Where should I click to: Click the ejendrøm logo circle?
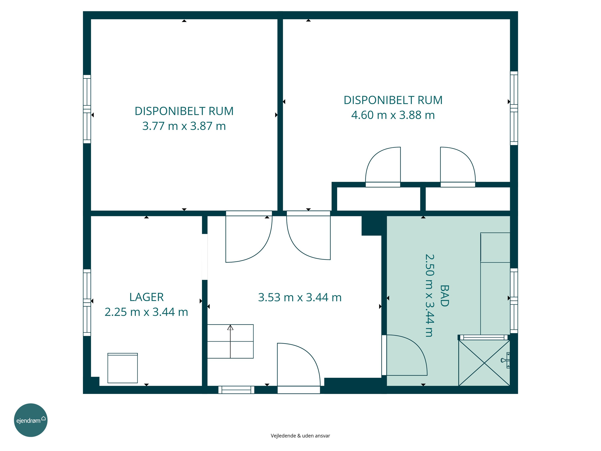(31, 420)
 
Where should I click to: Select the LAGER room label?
(146, 297)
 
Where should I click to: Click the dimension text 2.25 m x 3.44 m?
(146, 312)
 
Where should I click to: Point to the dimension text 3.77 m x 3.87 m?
(184, 126)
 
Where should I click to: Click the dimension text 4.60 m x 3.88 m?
(393, 115)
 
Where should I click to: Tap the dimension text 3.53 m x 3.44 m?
(300, 297)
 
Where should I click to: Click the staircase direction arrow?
(230, 341)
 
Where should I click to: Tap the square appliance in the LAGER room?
(123, 368)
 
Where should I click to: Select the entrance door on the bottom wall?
(299, 390)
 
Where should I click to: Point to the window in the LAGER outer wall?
(87, 302)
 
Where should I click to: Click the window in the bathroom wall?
(514, 301)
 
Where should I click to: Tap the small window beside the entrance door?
(236, 390)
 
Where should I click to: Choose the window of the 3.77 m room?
(87, 109)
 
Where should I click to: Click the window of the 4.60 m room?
(514, 108)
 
